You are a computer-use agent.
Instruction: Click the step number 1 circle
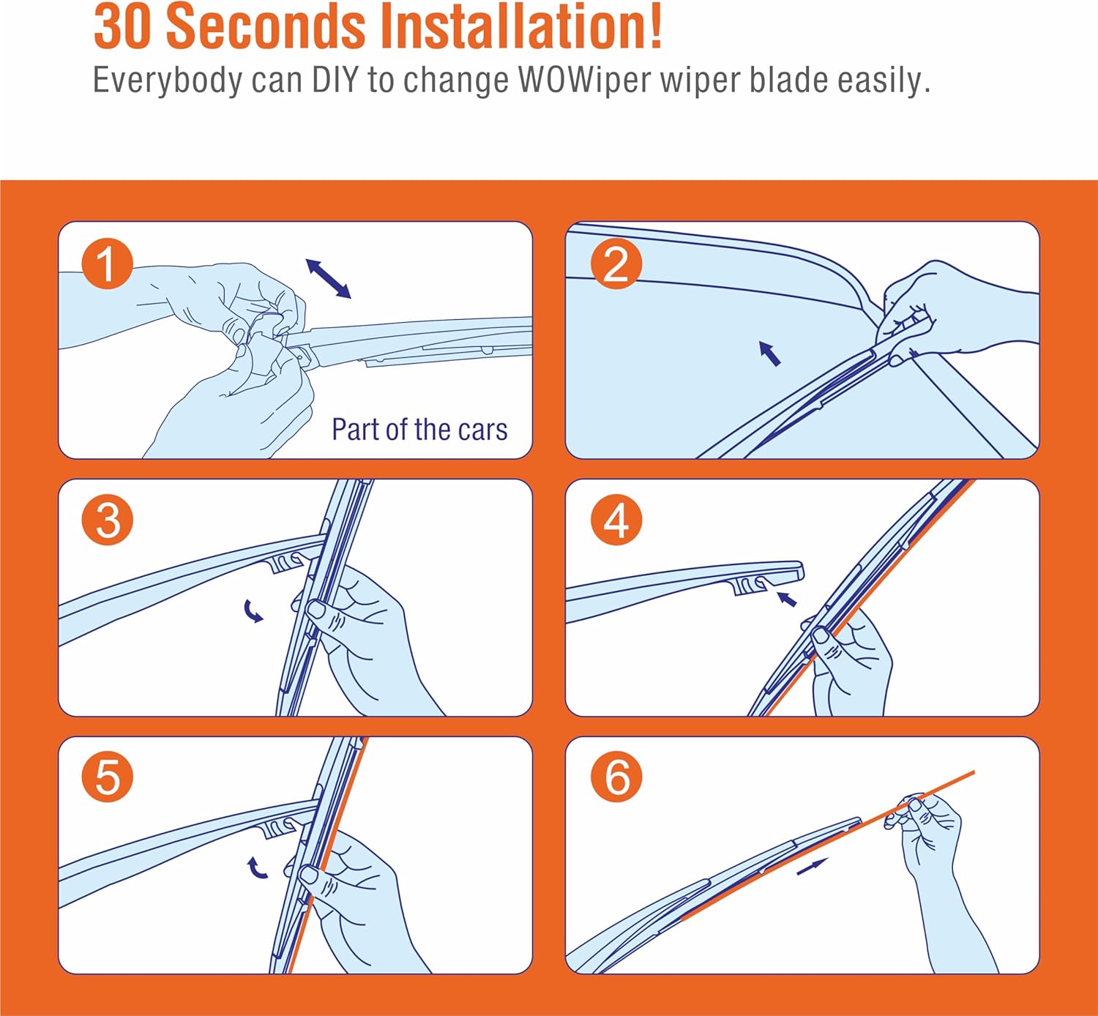108,264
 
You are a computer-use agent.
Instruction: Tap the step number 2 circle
616,264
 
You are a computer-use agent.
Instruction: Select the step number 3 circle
108,520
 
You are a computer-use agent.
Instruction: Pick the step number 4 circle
616,520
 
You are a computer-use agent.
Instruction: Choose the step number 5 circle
108,777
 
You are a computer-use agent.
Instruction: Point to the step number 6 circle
616,777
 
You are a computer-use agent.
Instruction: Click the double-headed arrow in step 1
329,279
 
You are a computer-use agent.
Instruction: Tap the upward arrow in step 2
769,354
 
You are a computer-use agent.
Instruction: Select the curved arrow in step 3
253,611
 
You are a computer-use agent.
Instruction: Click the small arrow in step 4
787,599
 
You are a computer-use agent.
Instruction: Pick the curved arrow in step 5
256,867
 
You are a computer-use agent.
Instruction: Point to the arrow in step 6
813,867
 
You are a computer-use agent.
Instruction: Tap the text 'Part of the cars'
419,429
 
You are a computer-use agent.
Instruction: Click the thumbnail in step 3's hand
315,610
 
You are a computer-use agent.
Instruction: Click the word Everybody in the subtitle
168,81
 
